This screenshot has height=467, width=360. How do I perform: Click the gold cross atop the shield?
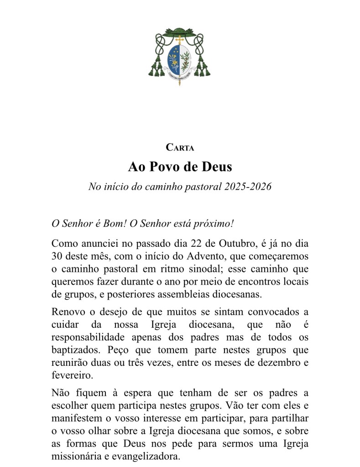(x=180, y=42)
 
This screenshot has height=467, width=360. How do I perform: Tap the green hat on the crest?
(x=180, y=32)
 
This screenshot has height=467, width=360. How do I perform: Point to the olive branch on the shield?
(x=186, y=59)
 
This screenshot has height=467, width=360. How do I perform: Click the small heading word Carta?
(x=180, y=148)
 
